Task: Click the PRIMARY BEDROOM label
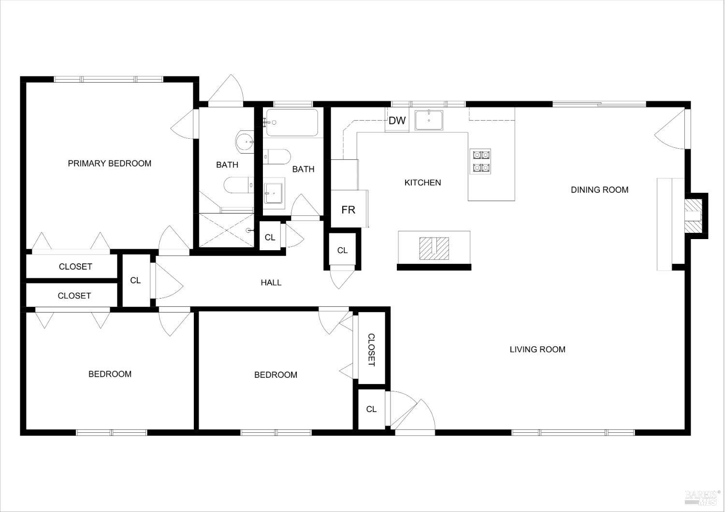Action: (109, 163)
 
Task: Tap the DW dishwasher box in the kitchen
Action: (397, 120)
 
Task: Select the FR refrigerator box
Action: (348, 209)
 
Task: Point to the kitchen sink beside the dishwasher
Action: (429, 120)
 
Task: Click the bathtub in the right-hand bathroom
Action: (292, 123)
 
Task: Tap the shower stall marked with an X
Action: (226, 230)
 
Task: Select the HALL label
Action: (271, 283)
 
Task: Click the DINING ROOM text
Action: (599, 190)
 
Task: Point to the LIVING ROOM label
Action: (537, 349)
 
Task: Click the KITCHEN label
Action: (422, 183)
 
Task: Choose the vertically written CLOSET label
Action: (371, 350)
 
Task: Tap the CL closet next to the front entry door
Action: (371, 409)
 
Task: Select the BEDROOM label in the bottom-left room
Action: (110, 374)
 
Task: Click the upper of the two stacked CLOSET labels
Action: (75, 267)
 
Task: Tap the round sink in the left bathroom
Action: (245, 142)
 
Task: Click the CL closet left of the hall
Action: (135, 281)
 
